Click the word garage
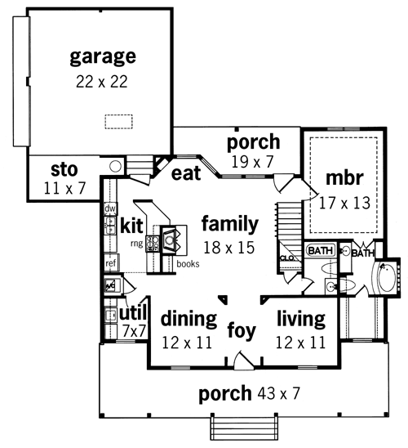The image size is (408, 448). [103, 57]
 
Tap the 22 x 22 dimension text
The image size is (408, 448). [102, 82]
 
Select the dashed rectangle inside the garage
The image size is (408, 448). [118, 122]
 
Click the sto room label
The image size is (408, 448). [64, 169]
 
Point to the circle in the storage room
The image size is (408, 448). [116, 166]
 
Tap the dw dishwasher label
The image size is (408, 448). [110, 208]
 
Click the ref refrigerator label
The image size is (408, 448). [111, 263]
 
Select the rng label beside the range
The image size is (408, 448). [137, 244]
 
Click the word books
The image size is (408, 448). [188, 264]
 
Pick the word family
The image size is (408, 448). [230, 224]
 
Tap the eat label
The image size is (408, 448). [186, 173]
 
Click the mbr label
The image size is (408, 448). [344, 177]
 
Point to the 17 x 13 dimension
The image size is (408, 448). [344, 203]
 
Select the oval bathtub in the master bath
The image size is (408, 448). [387, 277]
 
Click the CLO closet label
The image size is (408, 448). [287, 258]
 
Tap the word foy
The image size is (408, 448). [242, 331]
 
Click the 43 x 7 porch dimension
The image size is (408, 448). [279, 393]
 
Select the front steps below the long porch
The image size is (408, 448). [244, 428]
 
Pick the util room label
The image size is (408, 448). [133, 313]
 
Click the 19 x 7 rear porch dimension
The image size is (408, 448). [252, 162]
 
